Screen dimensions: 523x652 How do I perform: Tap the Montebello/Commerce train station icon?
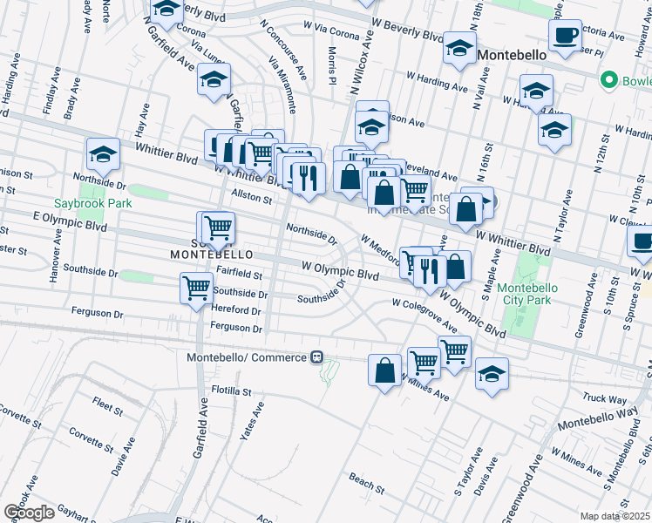coord(317,357)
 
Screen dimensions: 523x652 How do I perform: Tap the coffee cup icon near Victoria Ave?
coord(566,36)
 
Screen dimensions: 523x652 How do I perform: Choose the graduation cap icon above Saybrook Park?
coord(103,154)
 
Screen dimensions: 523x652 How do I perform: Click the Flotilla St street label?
coord(228,391)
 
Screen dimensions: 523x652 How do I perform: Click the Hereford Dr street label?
coord(237,310)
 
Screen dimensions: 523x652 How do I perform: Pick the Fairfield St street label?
coord(239,274)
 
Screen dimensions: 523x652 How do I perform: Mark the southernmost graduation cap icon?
coord(492,373)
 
